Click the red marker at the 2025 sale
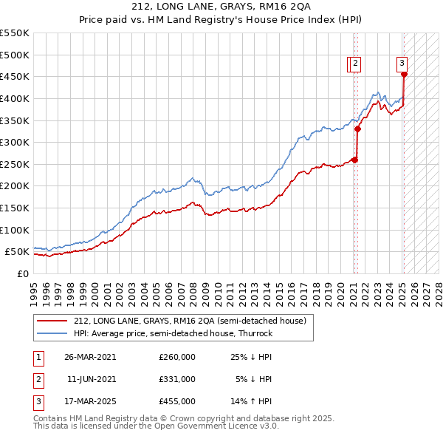(x=404, y=74)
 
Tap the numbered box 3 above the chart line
(x=402, y=64)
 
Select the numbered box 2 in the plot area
(x=355, y=64)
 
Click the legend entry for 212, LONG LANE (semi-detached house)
(x=194, y=321)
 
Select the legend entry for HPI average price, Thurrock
(x=173, y=333)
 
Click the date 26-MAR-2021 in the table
(x=90, y=357)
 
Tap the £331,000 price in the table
(x=177, y=379)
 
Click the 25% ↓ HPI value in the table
(x=252, y=357)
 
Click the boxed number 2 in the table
(x=38, y=379)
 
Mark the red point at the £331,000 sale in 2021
(x=357, y=129)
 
